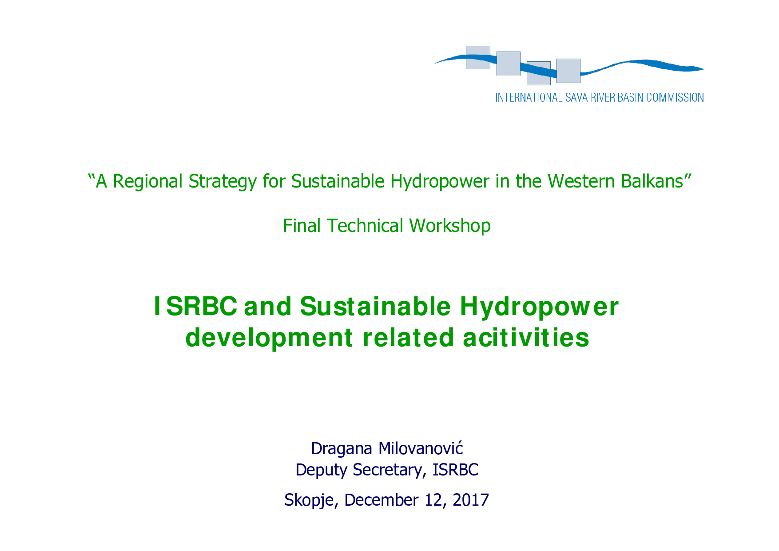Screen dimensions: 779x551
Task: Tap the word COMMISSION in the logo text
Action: tap(675, 98)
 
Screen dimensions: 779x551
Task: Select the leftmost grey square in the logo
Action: tap(478, 57)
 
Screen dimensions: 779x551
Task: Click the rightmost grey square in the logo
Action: tap(568, 71)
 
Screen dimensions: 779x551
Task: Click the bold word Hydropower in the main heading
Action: tap(539, 307)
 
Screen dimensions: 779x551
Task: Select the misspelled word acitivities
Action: tap(526, 338)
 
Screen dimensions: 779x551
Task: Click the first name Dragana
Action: tap(342, 449)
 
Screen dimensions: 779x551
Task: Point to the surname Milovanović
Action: tap(421, 448)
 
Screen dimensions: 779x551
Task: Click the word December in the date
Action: tap(382, 500)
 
